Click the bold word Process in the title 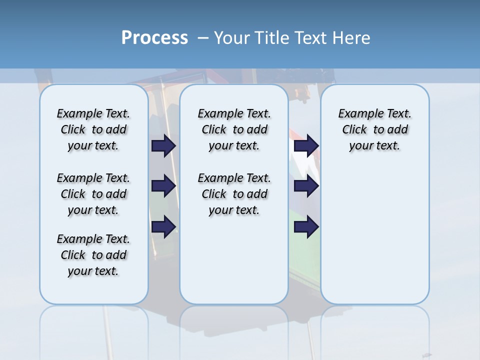tap(154, 38)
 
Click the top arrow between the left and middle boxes tap(163, 145)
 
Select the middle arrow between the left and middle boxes tap(163, 186)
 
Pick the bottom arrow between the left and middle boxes tap(163, 226)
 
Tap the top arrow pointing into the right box tap(306, 145)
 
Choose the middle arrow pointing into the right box tap(306, 186)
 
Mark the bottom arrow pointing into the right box tap(306, 226)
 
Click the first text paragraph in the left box tap(93, 129)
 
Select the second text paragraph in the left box tap(93, 194)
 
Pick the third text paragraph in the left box tap(93, 255)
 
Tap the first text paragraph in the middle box tap(234, 129)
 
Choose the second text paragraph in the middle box tap(234, 194)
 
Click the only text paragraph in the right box tap(374, 129)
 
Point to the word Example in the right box tap(356, 114)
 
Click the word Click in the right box tap(354, 130)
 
